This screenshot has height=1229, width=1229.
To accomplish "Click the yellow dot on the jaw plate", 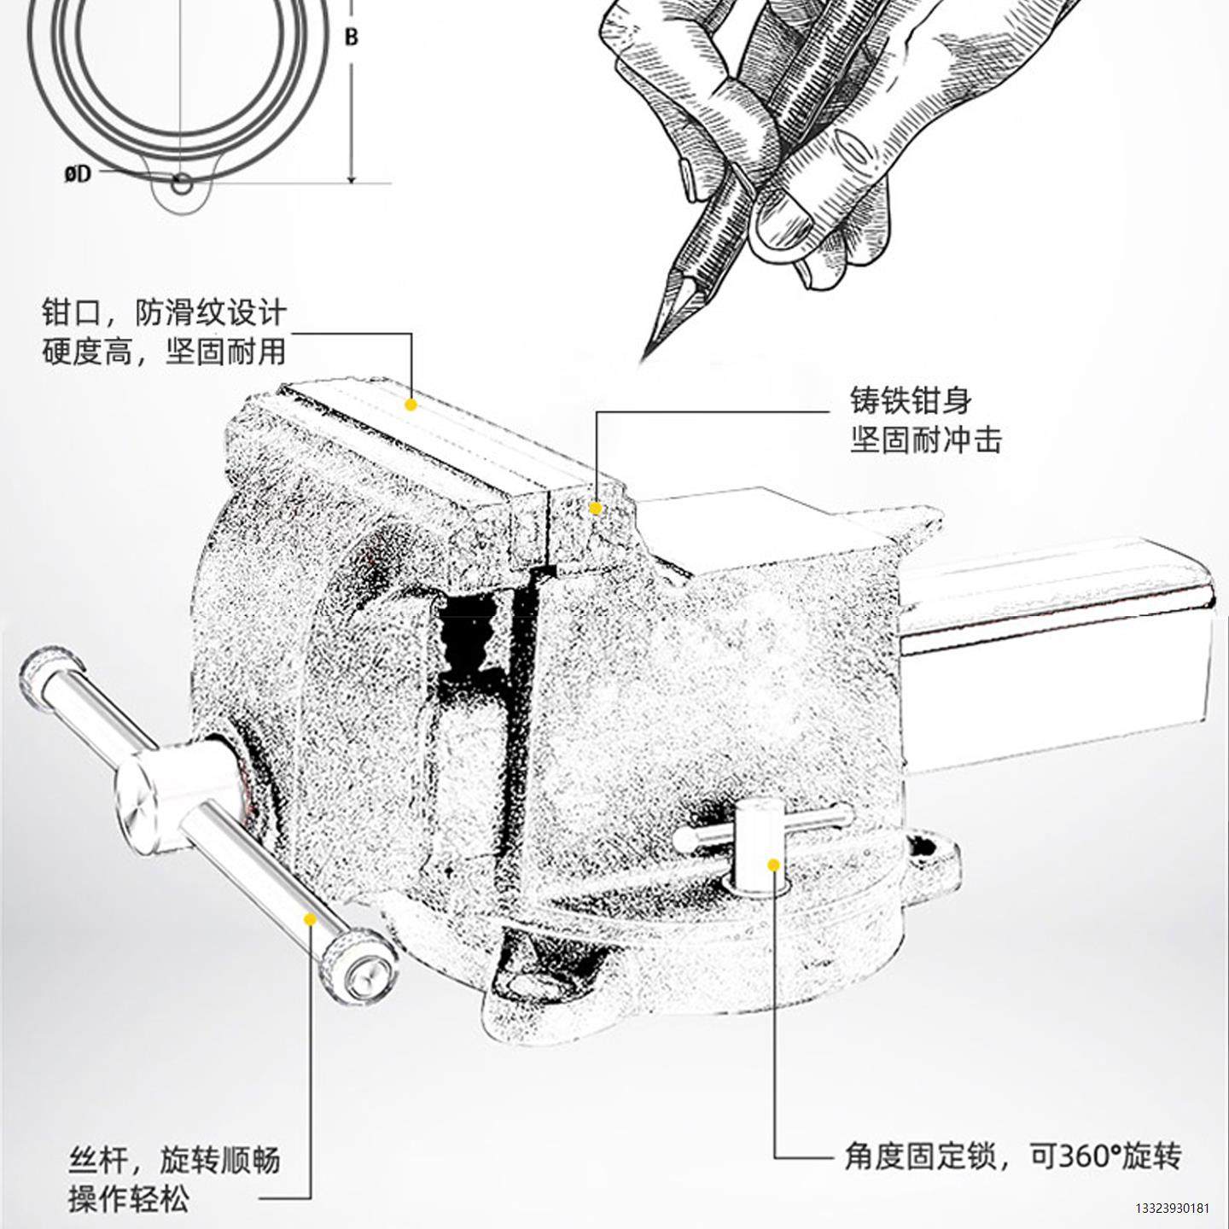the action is coord(411,405).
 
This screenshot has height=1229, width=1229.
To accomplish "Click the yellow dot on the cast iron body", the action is coord(596,509).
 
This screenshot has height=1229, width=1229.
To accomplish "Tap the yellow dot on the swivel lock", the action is coord(773,865).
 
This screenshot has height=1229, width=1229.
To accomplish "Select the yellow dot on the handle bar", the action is coord(310,919).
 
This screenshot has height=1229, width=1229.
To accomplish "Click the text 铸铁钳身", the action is coord(911,400).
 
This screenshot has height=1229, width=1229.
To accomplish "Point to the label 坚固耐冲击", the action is coord(926,440).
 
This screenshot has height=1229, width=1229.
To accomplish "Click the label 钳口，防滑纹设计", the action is coord(164,312).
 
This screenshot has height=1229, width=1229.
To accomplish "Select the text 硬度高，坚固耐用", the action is coord(164,352).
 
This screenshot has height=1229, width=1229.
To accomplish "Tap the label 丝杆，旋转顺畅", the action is coord(174,1161).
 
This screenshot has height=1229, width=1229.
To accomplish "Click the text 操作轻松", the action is coord(128,1200).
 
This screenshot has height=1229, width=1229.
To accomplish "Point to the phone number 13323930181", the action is coord(1172,1209).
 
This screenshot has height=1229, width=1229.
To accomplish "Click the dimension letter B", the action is coord(351,38).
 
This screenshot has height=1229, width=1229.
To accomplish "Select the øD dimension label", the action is coord(78,175).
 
